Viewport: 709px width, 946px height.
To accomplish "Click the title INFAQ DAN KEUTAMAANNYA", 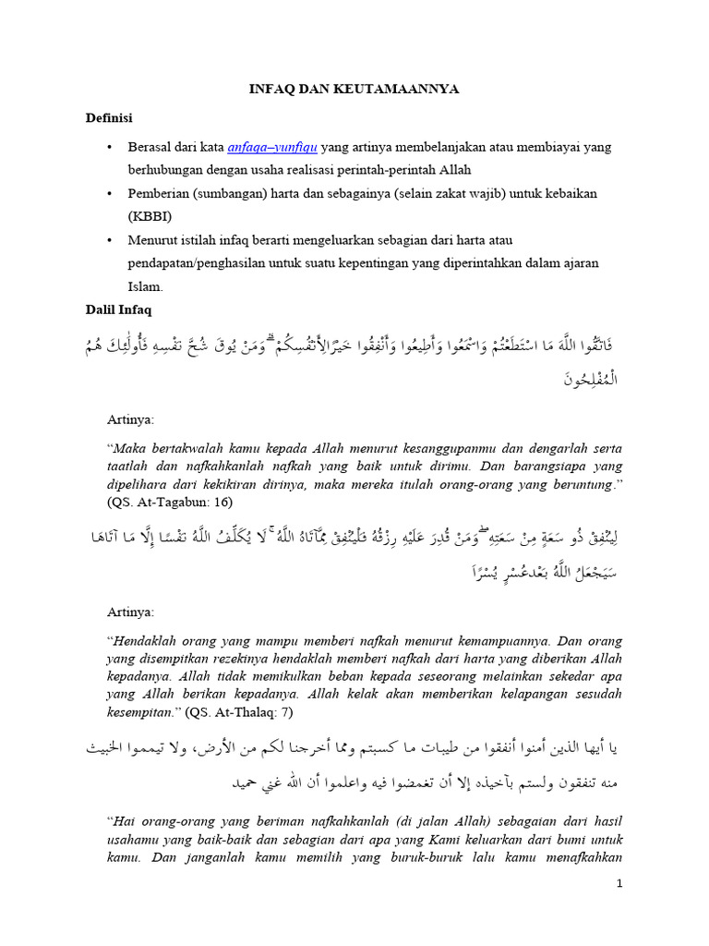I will click(354, 89).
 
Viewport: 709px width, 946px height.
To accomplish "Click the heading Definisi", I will click(110, 118).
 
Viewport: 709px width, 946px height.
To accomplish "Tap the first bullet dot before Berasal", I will click(110, 147).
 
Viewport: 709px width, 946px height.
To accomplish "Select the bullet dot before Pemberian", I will click(110, 193).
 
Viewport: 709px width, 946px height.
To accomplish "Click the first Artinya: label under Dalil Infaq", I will click(132, 419).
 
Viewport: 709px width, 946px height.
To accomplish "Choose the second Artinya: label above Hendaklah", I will click(132, 612).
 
